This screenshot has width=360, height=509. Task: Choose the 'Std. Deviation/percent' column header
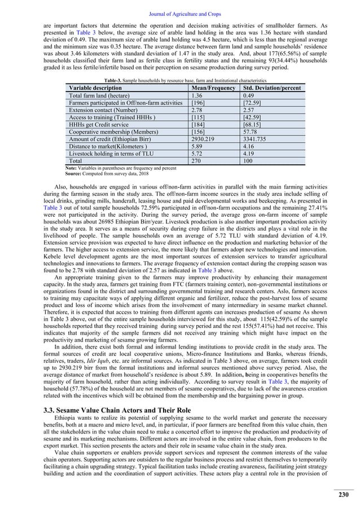[270, 89]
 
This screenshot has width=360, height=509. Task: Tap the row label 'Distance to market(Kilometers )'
[108, 146]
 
